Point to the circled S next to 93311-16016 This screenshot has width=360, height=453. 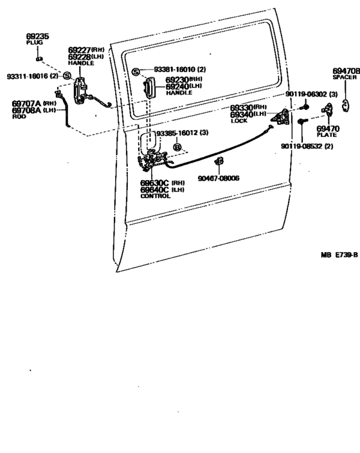[67, 76]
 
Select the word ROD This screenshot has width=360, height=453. [19, 117]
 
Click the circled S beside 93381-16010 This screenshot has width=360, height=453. [136, 70]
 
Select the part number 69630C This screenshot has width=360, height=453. [155, 183]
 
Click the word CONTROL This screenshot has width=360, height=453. [155, 196]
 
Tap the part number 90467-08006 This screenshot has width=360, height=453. [219, 178]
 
